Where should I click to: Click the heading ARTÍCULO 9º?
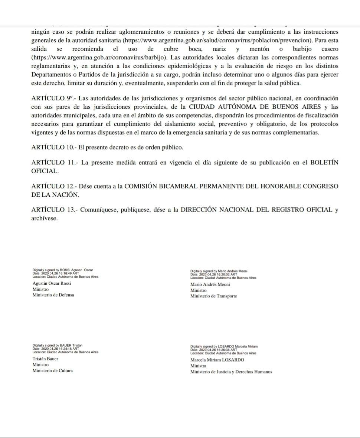click(52, 98)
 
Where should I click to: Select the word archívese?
click(45, 218)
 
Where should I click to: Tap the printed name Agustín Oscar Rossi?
click(52, 284)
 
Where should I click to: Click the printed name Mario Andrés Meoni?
click(210, 285)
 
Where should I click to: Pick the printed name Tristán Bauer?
click(45, 359)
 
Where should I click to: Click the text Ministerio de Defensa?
click(53, 295)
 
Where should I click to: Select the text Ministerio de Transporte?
click(213, 296)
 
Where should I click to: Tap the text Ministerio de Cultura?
click(53, 370)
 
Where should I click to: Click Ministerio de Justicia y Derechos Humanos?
click(231, 372)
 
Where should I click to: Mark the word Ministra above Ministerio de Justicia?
click(198, 366)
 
